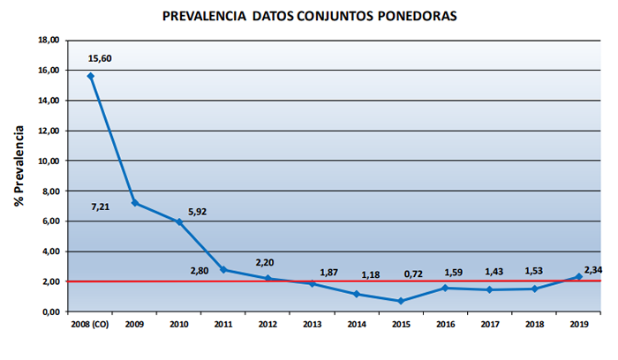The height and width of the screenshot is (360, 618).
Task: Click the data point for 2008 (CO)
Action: click(x=90, y=76)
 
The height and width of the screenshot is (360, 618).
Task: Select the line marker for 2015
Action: click(x=402, y=301)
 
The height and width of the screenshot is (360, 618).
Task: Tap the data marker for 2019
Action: click(x=579, y=276)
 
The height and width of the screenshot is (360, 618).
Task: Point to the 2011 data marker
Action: click(x=223, y=269)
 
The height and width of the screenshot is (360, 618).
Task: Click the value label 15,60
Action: click(x=101, y=59)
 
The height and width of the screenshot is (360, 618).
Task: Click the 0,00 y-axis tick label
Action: click(x=49, y=311)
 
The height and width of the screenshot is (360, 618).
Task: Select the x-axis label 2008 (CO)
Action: click(x=90, y=326)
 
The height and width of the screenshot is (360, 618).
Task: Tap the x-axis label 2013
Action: click(x=313, y=326)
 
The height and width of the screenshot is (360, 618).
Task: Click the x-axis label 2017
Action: click(x=490, y=326)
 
